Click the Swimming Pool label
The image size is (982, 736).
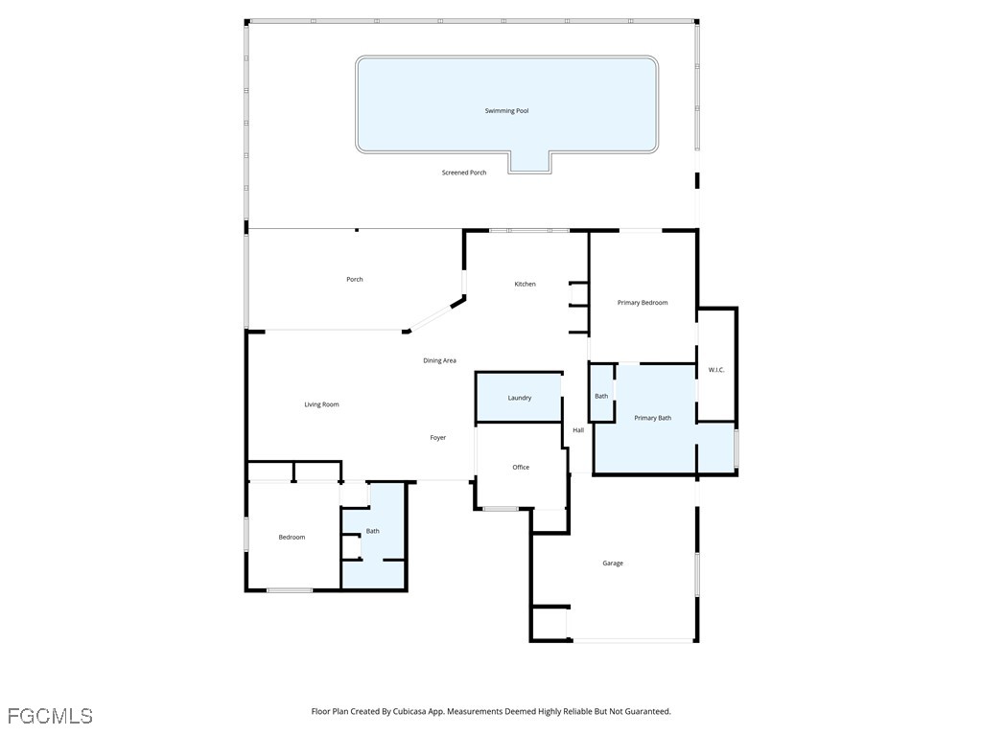point(506,111)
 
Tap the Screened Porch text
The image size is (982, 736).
point(464,172)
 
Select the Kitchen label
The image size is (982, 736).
point(525,284)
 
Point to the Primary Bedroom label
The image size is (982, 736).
point(643,303)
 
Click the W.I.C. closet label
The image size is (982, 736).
point(716,370)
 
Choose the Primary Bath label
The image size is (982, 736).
point(652,418)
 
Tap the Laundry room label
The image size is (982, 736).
point(520,398)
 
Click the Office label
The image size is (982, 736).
point(521,468)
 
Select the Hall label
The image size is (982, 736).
point(578,430)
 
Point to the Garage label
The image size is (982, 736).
point(613,563)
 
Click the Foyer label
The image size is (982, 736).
point(438,438)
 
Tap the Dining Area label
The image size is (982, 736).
point(440,360)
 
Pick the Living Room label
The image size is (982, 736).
point(322,404)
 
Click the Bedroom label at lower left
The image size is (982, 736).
point(292,538)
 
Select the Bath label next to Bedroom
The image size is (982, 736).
point(373,531)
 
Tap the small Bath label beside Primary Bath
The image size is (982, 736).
point(601,396)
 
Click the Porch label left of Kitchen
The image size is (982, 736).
point(355,280)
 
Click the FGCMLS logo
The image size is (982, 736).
point(50,716)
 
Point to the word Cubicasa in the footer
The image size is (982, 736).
point(409,712)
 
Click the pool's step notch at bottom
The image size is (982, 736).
point(530,162)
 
